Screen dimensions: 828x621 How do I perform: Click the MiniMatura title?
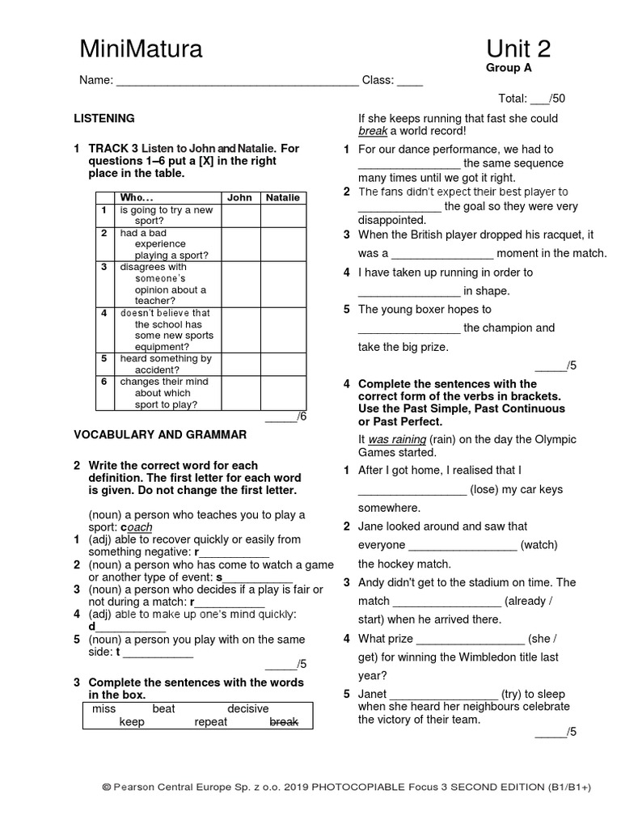click(x=141, y=50)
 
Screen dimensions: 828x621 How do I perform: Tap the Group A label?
click(x=509, y=68)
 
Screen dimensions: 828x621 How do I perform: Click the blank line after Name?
click(x=238, y=81)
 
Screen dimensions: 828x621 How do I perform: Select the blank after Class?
click(x=410, y=81)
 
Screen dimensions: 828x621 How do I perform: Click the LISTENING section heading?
click(x=104, y=118)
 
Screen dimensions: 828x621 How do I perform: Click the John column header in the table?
click(x=239, y=197)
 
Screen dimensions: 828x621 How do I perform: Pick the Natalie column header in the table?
click(x=282, y=197)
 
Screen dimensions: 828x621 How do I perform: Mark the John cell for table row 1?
click(x=239, y=215)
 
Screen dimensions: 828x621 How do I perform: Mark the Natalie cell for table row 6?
click(x=282, y=393)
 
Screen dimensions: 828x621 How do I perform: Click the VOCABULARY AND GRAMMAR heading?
click(x=160, y=434)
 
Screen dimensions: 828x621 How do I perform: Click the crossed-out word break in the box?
click(x=284, y=722)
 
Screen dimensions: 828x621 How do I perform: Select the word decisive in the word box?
click(x=247, y=708)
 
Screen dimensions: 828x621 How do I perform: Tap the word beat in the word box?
click(x=163, y=708)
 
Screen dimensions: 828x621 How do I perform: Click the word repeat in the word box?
click(x=211, y=722)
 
